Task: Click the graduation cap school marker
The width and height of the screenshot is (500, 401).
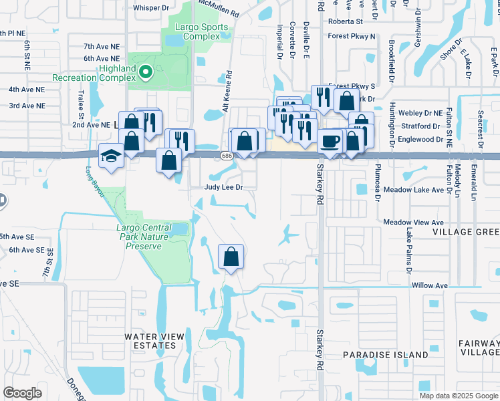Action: [110, 156]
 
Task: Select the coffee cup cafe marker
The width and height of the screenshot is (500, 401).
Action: [330, 142]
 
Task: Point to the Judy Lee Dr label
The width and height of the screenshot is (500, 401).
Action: [223, 188]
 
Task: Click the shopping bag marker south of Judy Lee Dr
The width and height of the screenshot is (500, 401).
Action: [231, 257]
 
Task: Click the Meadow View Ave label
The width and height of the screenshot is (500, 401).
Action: [414, 222]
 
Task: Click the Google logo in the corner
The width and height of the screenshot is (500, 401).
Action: [22, 393]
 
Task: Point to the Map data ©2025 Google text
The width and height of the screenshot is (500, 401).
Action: [458, 396]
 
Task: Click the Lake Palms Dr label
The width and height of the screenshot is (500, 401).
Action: [407, 251]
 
